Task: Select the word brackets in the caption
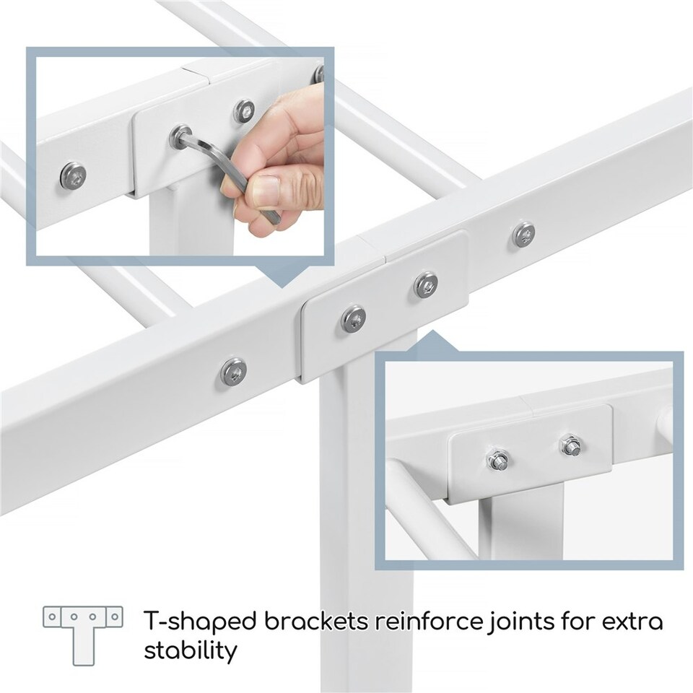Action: click(316, 621)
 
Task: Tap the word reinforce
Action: click(430, 621)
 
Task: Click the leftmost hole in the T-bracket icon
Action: click(52, 616)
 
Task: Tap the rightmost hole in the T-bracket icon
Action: click(115, 616)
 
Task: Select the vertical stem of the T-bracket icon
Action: click(84, 645)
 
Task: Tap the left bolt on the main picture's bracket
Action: click(354, 318)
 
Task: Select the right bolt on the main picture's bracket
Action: click(426, 284)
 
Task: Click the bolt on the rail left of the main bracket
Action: click(233, 370)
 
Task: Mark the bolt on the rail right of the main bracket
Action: click(524, 234)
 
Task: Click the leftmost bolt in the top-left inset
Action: click(73, 175)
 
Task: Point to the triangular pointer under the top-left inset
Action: click(281, 276)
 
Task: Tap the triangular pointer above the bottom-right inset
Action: click(435, 341)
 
